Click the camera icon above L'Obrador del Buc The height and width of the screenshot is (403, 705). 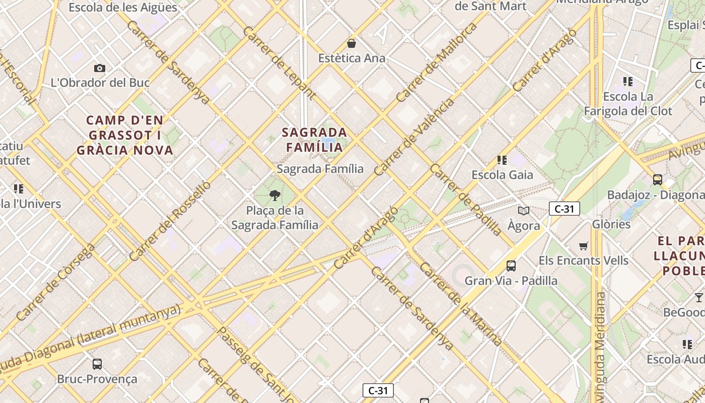tap(100, 68)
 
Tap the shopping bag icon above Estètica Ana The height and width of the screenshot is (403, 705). tap(351, 43)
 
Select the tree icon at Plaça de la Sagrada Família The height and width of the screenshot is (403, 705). tap(275, 195)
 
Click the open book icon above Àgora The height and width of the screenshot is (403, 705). tap(524, 211)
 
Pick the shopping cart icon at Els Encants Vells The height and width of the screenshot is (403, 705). tap(584, 246)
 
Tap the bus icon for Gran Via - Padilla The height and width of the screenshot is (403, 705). tap(511, 265)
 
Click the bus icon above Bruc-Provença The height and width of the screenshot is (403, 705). tap(97, 364)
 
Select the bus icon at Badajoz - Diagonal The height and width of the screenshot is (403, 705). tap(657, 179)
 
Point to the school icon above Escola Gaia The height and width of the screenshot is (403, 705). tap(502, 160)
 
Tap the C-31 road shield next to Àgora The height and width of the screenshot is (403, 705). tap(564, 209)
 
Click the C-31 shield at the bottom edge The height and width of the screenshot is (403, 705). tap(378, 390)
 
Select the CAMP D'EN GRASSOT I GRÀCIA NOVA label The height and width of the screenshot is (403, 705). tap(125, 135)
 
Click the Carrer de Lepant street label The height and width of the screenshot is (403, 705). tap(279, 63)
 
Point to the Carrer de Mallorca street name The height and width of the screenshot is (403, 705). tap(436, 62)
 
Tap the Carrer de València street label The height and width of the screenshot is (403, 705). tap(414, 137)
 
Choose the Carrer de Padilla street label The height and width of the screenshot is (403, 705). tap(465, 200)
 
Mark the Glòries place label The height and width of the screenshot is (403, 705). tap(611, 224)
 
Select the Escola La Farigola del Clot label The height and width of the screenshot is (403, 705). tap(628, 103)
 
